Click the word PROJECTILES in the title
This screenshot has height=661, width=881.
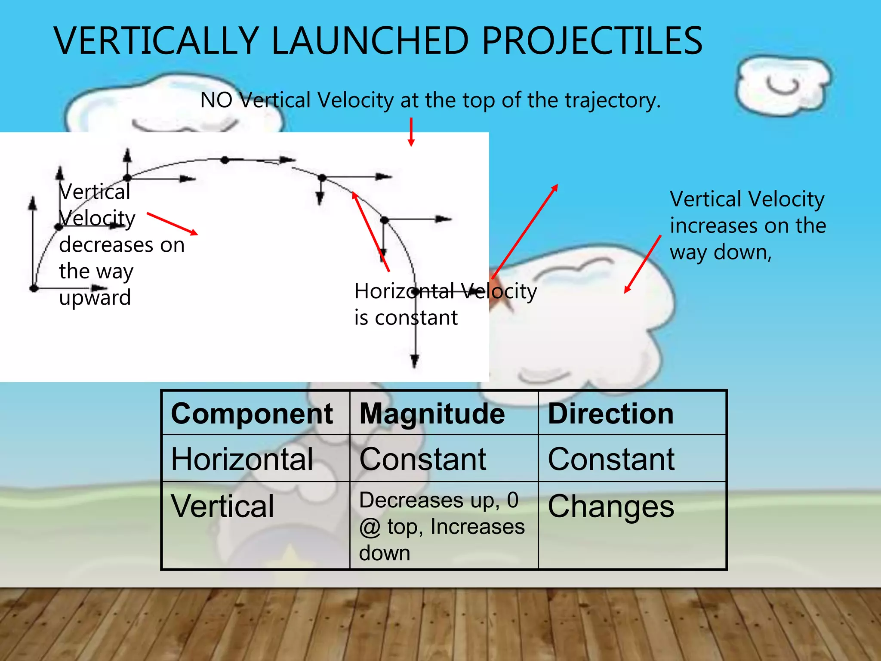592,41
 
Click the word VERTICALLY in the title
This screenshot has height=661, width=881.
156,41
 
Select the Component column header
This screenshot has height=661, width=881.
252,414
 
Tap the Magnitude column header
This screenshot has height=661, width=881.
432,414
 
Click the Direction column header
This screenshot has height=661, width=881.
610,414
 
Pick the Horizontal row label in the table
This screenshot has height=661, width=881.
242,459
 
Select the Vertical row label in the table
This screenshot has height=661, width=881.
222,506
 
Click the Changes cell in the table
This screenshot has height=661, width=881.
610,506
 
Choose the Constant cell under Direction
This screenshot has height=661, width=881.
610,459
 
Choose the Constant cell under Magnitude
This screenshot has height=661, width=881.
422,459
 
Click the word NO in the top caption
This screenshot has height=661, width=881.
216,100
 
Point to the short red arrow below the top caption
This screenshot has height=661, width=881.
411,132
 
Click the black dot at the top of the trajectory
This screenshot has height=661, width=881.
225,160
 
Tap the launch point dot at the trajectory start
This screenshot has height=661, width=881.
34,288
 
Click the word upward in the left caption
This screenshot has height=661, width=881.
95,298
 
